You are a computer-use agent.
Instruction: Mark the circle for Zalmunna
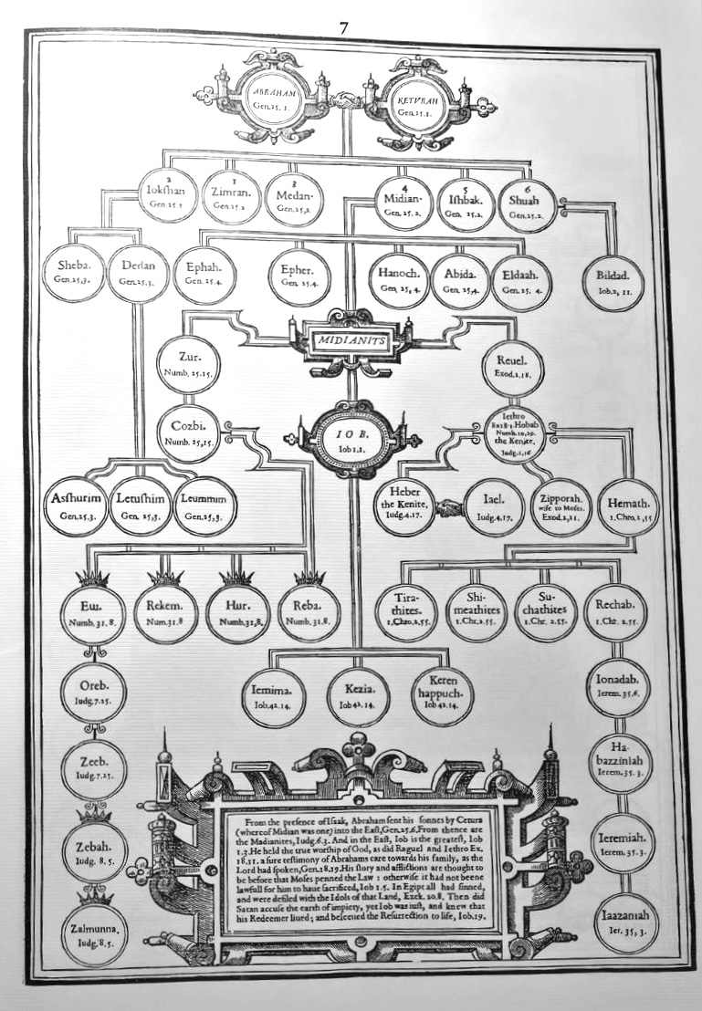[96, 933]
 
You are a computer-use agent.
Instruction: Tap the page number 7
[344, 28]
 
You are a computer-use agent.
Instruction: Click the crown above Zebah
[93, 812]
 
